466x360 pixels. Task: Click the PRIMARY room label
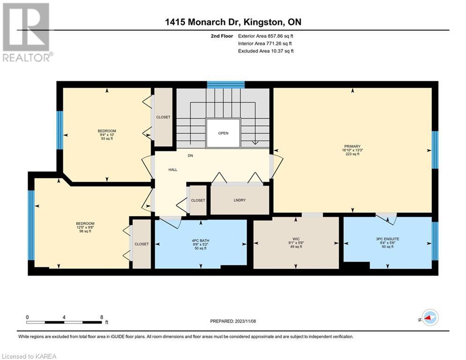352,146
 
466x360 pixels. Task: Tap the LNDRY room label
239,200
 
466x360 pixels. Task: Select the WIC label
296,239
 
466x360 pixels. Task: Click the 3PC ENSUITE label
387,239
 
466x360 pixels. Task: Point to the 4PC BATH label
200,240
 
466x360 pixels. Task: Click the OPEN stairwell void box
223,133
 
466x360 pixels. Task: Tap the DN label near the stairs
190,156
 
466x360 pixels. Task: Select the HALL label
173,170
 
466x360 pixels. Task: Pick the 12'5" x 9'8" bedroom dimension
85,227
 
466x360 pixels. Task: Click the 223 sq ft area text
352,154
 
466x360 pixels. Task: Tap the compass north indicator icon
428,318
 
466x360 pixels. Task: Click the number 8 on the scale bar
102,317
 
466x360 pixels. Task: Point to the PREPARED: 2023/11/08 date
233,321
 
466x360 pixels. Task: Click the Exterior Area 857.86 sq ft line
266,36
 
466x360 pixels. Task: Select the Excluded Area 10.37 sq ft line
266,51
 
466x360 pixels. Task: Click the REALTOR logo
27,32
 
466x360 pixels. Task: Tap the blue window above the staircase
226,84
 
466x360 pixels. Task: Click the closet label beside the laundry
198,201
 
